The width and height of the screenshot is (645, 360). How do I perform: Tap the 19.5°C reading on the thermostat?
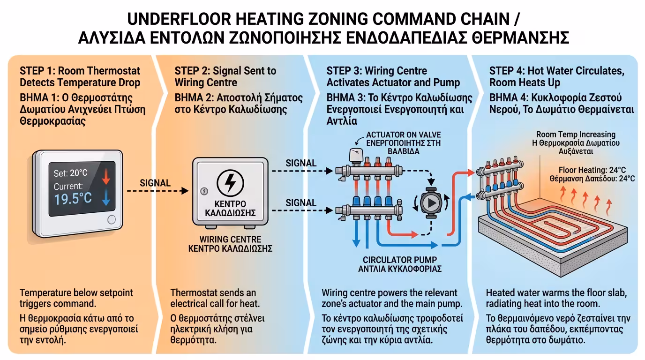coord(73,199)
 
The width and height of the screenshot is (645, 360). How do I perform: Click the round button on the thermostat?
coord(111,219)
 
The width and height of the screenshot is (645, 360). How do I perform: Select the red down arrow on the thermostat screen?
coord(105,176)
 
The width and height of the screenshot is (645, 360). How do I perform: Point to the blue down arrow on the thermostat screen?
coord(105,198)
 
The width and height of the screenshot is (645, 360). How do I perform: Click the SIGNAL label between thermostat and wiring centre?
coord(155,183)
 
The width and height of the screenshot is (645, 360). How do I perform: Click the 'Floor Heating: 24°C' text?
coord(592,170)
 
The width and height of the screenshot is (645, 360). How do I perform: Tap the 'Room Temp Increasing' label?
coord(576,135)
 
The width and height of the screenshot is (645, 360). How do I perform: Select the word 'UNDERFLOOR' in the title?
coord(180,20)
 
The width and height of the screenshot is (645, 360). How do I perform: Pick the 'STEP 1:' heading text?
coord(37,71)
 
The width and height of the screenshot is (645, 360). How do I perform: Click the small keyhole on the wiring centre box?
coord(204,191)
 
